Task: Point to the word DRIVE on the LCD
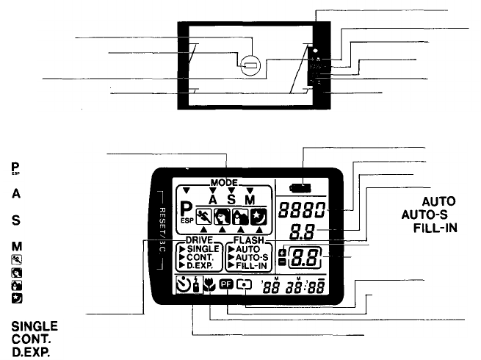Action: pos(200,240)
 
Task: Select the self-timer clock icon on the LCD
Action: pos(184,284)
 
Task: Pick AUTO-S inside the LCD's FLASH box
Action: pos(253,258)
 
